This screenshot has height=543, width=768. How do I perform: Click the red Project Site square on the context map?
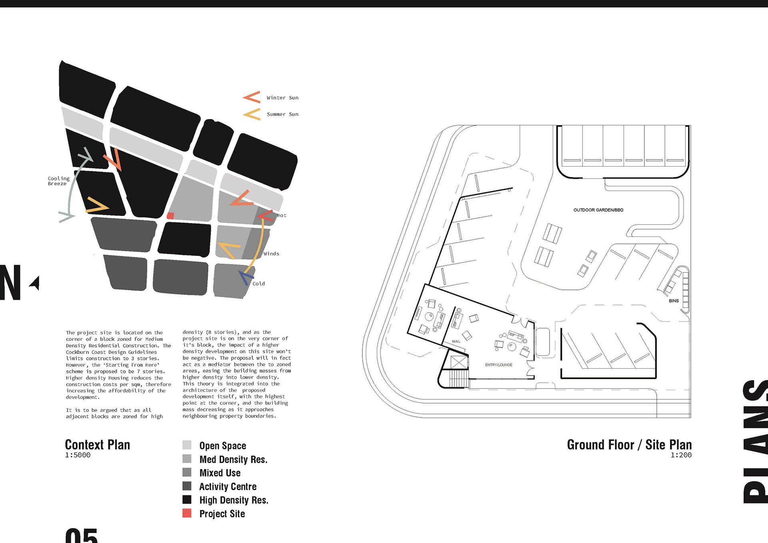tap(170, 216)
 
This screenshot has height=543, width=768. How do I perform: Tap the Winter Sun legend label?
tap(282, 98)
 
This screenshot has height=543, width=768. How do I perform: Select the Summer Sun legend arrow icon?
tap(252, 114)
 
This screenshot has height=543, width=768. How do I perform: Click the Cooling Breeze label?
tap(58, 181)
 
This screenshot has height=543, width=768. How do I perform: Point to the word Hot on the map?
tap(282, 216)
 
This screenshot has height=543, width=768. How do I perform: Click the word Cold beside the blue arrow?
tap(258, 284)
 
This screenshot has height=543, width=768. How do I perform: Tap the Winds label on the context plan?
tap(271, 254)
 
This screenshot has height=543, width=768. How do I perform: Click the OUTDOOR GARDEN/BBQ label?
tap(598, 210)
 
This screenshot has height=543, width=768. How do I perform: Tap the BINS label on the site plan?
tap(674, 301)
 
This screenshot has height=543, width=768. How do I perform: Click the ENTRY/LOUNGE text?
tap(498, 365)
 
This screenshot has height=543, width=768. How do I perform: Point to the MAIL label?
tap(456, 341)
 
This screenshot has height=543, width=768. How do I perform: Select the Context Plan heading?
tap(98, 445)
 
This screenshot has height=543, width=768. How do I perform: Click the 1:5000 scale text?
tap(78, 455)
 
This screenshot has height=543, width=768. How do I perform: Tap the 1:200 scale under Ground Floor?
tap(681, 455)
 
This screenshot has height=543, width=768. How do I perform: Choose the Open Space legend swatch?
tap(187, 445)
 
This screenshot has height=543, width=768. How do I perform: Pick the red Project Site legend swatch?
tap(187, 513)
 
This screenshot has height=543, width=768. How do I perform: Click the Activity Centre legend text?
tap(228, 487)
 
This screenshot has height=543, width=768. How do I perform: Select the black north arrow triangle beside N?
tap(35, 283)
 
